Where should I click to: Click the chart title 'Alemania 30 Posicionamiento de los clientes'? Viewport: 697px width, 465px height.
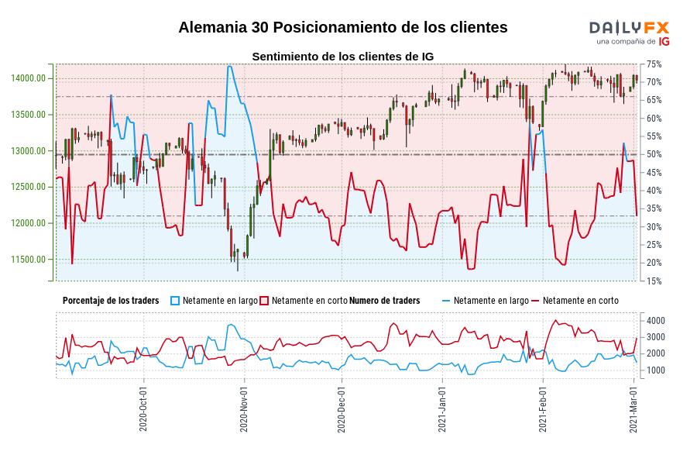342,27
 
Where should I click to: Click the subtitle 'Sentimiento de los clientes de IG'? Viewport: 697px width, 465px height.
342,57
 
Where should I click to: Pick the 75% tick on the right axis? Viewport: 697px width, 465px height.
654,64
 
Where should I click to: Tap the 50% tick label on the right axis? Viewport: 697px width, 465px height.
654,155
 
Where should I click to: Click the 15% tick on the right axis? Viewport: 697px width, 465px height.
654,281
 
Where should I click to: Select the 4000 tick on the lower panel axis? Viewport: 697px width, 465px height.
655,321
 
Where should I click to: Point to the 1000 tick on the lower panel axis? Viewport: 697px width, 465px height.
655,370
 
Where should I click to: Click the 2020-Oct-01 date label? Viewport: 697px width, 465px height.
144,409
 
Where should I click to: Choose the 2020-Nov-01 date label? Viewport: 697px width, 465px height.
245,409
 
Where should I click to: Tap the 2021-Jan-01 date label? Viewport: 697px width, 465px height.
443,409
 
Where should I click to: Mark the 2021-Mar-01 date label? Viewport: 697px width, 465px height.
634,409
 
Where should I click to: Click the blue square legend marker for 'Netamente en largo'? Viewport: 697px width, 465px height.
175,301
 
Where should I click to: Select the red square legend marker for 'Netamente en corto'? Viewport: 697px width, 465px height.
264,301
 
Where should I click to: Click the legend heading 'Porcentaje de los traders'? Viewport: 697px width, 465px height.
111,301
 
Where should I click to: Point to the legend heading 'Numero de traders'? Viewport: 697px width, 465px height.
385,301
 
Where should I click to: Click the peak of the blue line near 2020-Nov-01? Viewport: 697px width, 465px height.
229,67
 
